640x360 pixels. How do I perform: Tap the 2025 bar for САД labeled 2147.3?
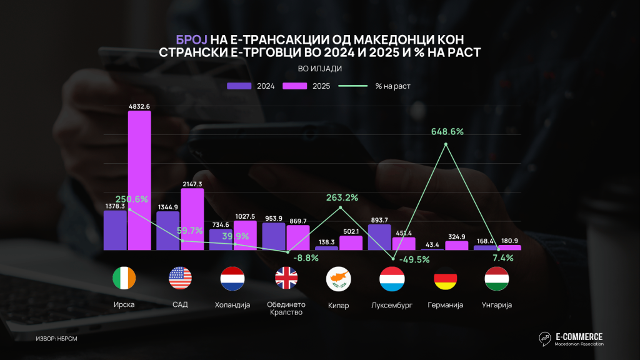pyautogui.click(x=192, y=219)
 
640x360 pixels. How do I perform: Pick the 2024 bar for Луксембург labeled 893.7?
pyautogui.click(x=379, y=237)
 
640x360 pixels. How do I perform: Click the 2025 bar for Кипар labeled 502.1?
pyautogui.click(x=351, y=242)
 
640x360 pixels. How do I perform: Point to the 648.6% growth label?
pyautogui.click(x=447, y=132)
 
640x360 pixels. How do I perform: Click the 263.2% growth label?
pyautogui.click(x=341, y=197)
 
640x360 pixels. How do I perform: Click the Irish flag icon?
pyautogui.click(x=123, y=278)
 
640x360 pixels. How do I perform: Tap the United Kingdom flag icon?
pyautogui.click(x=287, y=278)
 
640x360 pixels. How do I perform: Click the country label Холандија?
pyautogui.click(x=232, y=305)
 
